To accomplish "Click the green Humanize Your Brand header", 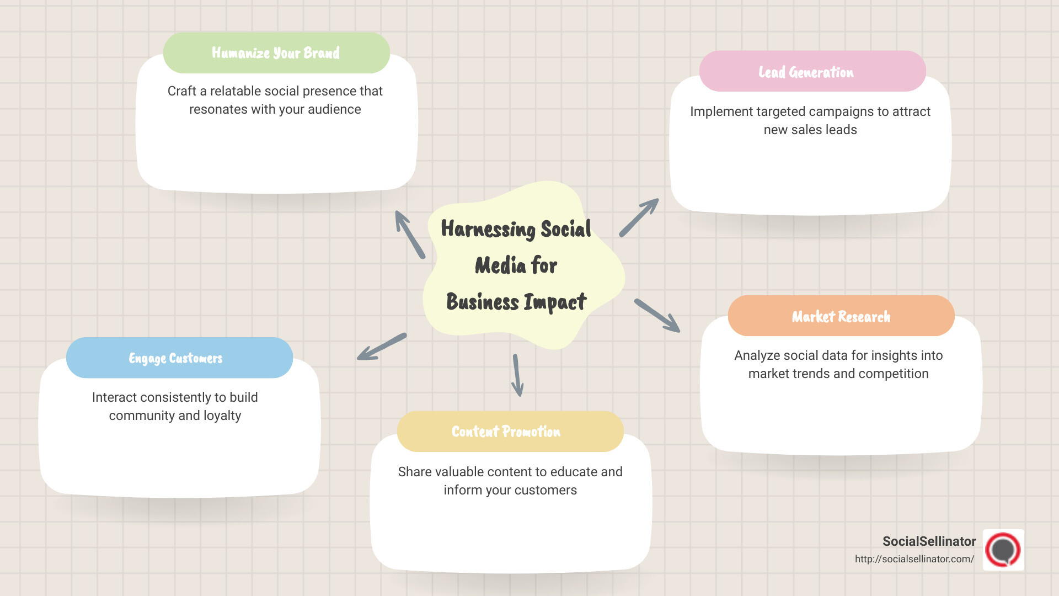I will [276, 53].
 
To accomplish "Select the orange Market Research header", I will [841, 316].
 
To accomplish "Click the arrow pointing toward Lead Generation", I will [639, 218].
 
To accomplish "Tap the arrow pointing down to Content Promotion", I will [517, 375].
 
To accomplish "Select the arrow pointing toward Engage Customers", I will [382, 347].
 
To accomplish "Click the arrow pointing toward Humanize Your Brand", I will [410, 235].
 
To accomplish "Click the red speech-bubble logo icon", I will [1003, 550].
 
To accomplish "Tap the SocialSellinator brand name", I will [929, 541].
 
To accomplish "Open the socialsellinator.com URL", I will [914, 559].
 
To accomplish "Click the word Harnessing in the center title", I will [488, 229].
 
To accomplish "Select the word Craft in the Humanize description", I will [181, 91].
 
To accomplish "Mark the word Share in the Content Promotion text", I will [414, 472].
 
